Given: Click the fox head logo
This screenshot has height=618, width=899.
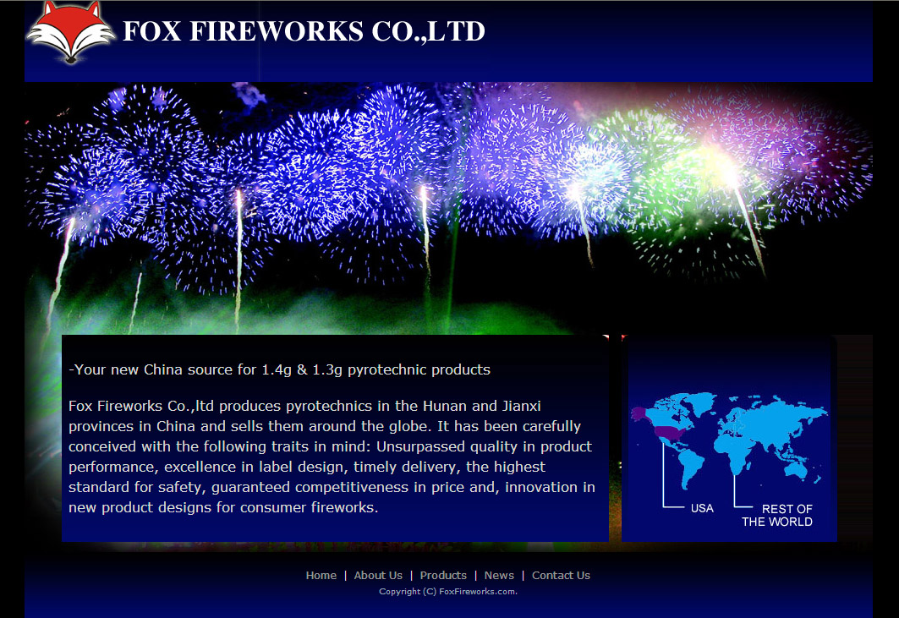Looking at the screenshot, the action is pos(70,31).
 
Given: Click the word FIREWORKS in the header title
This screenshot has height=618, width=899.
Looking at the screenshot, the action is pos(277,31).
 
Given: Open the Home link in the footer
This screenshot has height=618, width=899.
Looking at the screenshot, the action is pos(321,575).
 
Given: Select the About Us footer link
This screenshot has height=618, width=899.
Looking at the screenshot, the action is pos(378,575).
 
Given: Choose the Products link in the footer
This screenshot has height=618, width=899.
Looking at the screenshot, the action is pos(443,575).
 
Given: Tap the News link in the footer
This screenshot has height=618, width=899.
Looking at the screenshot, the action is pos(499,575).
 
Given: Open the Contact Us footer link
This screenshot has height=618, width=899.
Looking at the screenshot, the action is pos(561,575).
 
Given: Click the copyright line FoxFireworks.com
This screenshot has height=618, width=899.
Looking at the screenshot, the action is pos(448,591).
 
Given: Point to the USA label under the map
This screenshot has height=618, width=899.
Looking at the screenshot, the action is pos(702,508).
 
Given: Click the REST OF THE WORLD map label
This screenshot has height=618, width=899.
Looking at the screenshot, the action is pos(777,516).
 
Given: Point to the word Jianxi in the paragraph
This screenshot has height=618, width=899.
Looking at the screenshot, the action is pos(521,406).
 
